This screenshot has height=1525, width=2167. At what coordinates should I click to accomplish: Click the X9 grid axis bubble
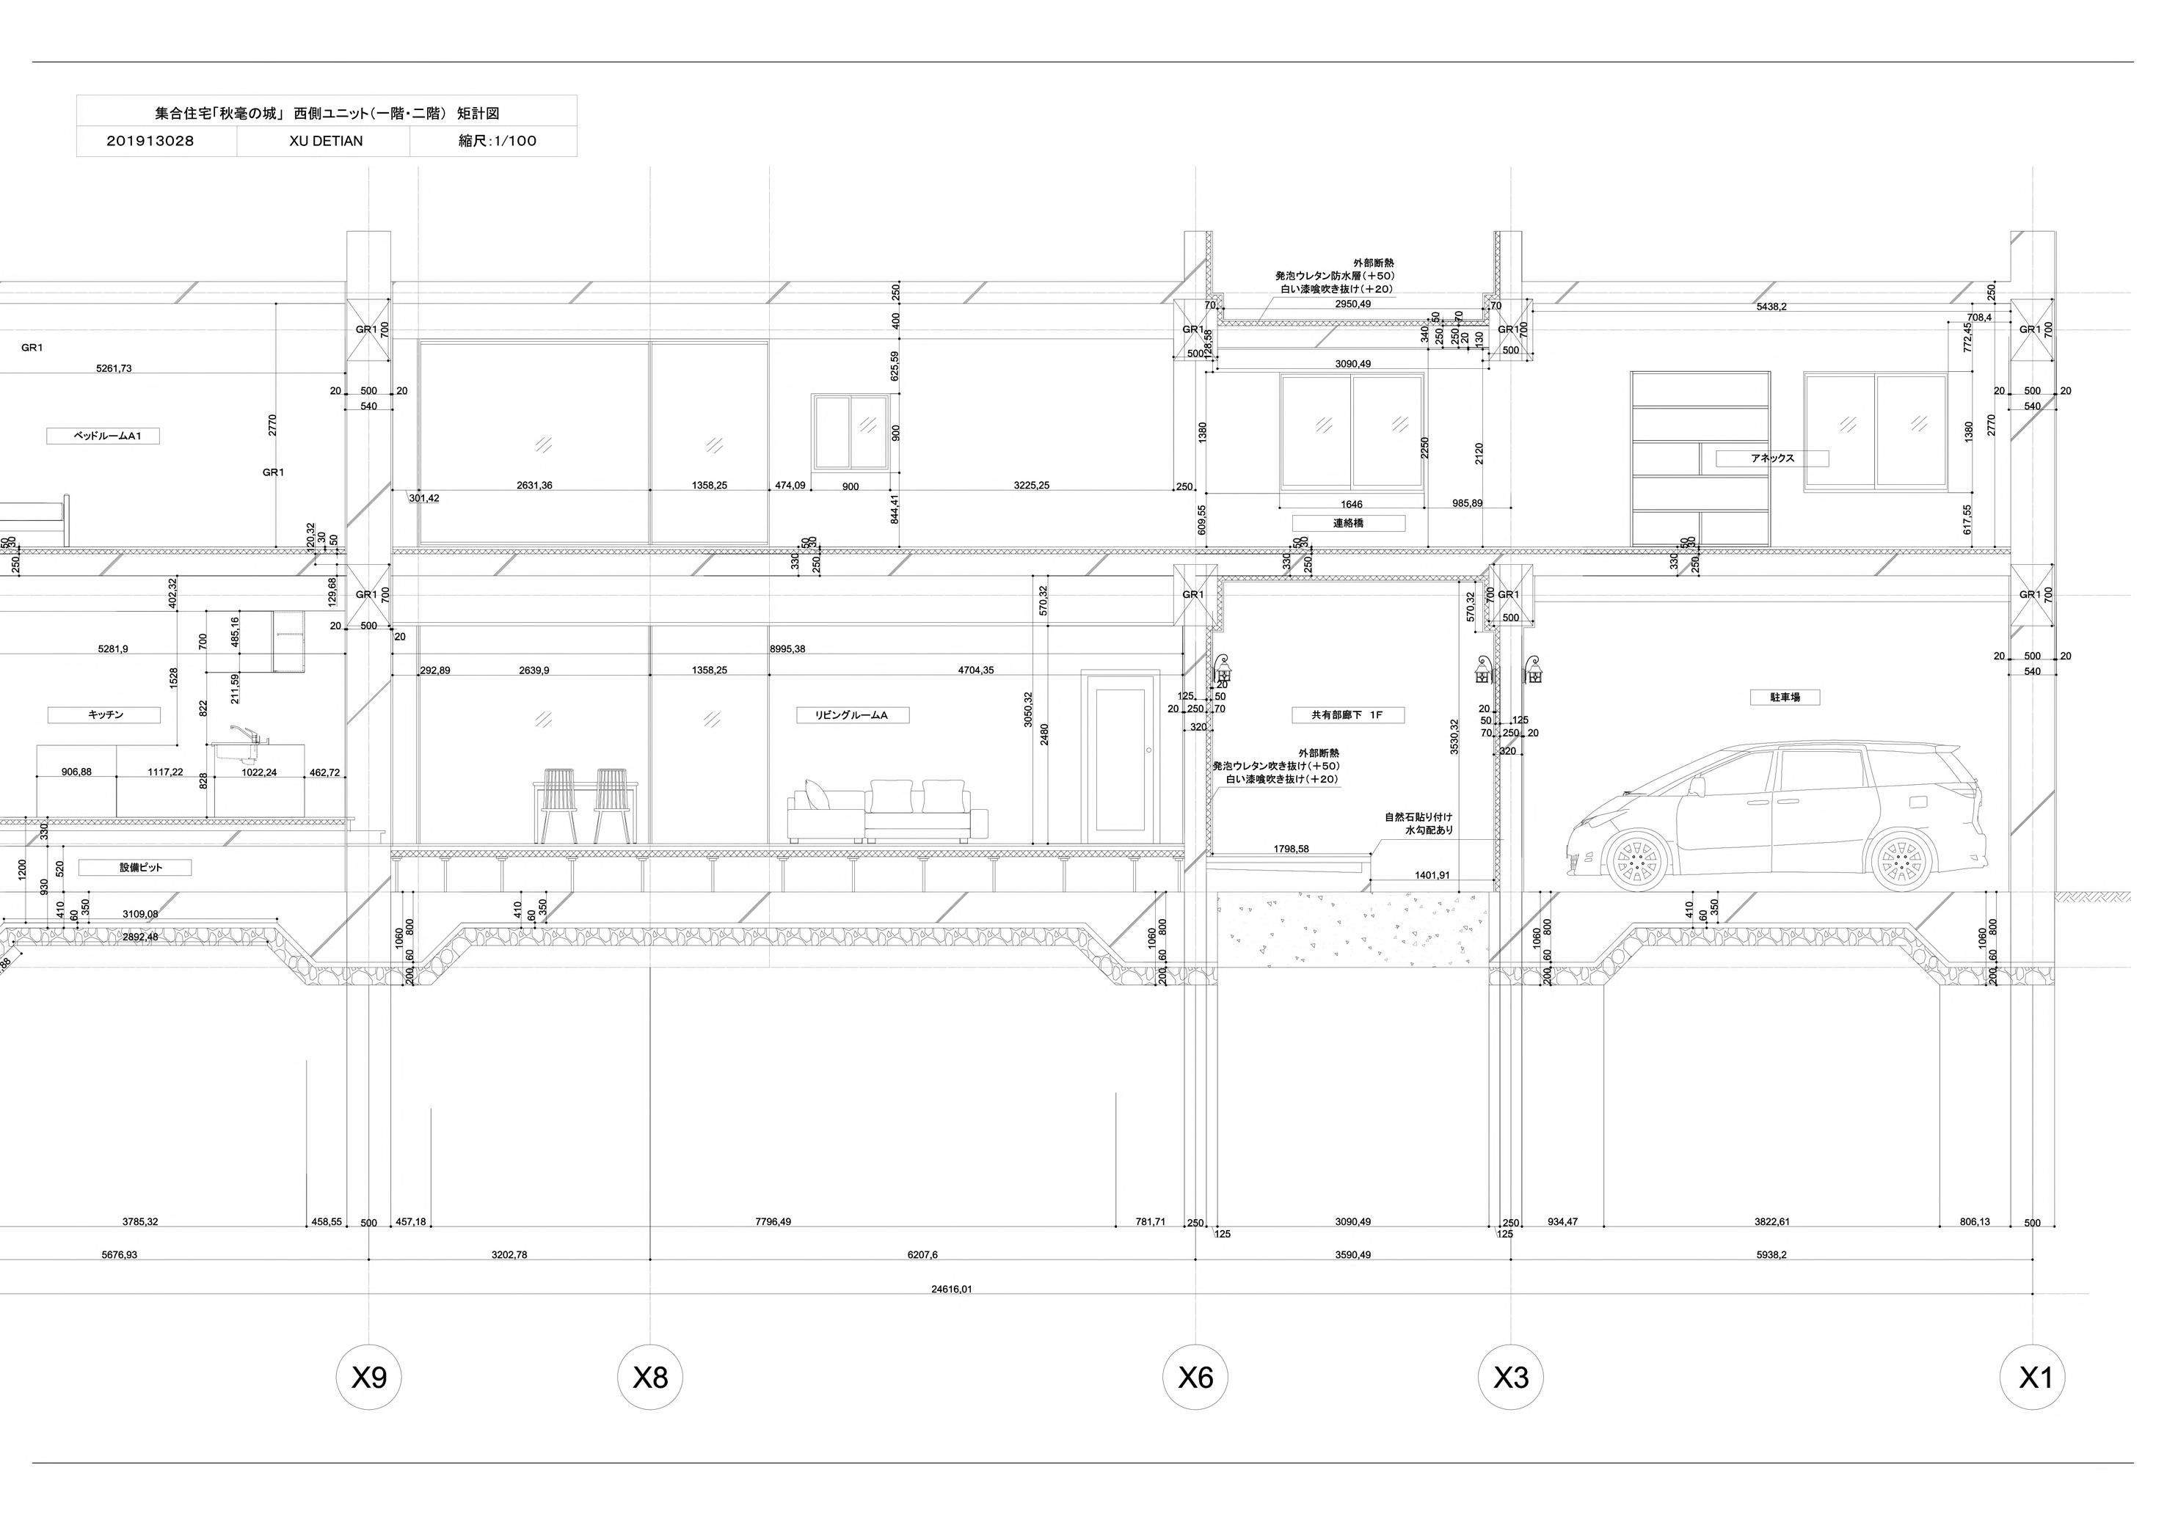[368, 1378]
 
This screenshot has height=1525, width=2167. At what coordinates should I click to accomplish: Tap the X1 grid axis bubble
[2032, 1378]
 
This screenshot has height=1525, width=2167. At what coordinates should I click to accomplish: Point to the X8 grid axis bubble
[649, 1378]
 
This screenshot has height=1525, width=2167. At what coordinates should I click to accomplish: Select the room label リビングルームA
[851, 715]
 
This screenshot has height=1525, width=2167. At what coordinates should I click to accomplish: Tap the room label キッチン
[106, 715]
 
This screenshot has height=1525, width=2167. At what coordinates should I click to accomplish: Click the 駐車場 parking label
[1784, 698]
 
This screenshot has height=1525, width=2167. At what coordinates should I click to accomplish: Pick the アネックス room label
[1771, 458]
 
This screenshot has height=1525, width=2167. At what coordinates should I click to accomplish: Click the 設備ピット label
[135, 867]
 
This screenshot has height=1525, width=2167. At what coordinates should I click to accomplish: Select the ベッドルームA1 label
[103, 436]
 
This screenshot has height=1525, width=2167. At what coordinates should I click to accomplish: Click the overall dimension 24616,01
[951, 1289]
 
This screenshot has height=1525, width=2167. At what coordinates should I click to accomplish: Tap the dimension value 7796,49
[773, 1222]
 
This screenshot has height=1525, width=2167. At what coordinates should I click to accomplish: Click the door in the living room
[1121, 757]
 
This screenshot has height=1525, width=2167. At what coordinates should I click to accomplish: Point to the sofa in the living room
[887, 813]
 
